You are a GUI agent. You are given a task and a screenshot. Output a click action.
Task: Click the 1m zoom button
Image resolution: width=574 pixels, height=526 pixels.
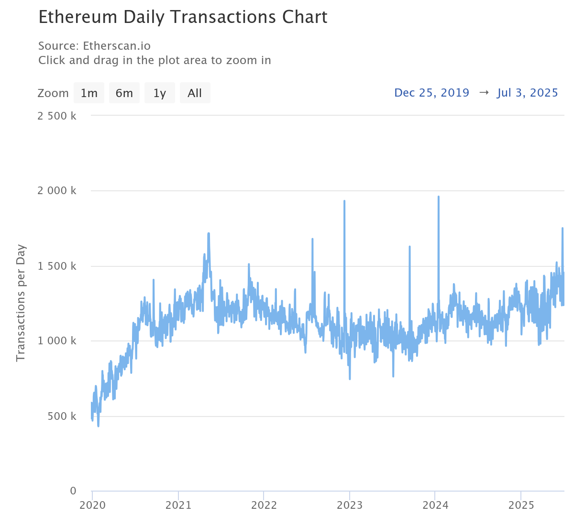point(89,93)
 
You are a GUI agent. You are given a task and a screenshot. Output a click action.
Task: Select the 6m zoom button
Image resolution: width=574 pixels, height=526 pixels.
point(124,93)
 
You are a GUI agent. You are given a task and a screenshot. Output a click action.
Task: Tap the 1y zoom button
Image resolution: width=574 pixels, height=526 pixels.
point(160,93)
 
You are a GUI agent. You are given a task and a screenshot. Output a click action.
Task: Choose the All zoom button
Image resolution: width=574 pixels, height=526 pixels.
point(195,93)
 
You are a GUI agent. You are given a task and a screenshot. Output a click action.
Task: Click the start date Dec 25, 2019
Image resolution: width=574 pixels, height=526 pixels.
point(431,93)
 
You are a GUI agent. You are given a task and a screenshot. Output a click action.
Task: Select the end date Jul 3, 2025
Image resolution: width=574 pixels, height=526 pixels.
point(528,93)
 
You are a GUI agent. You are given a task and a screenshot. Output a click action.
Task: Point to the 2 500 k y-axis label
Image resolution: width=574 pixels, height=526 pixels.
point(57,116)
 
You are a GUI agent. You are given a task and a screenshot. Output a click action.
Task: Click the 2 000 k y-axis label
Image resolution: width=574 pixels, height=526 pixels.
point(57,191)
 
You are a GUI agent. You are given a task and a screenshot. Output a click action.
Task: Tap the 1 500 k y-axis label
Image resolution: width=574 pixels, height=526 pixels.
point(57,266)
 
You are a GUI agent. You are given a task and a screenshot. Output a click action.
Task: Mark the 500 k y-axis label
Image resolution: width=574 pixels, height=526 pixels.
point(62,416)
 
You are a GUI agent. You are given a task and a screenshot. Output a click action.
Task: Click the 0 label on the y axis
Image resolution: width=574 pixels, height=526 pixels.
point(73,491)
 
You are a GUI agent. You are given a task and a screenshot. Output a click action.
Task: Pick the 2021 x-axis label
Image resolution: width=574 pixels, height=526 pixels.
point(178,505)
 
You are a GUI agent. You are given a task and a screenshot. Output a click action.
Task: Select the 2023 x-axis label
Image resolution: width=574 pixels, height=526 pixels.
point(350,505)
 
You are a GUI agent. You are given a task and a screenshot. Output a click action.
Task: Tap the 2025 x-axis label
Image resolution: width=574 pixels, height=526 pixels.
point(521,505)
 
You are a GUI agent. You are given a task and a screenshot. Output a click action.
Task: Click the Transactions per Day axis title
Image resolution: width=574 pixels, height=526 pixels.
point(21,303)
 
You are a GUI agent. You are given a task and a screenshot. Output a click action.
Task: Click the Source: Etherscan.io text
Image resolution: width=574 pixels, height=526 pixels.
point(94,46)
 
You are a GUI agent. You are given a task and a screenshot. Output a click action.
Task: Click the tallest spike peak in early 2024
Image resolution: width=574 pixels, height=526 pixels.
point(438,197)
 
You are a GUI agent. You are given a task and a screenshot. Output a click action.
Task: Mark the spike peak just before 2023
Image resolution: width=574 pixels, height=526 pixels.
point(344,201)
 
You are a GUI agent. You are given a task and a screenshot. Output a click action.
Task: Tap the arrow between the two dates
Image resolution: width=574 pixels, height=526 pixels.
point(484,93)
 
